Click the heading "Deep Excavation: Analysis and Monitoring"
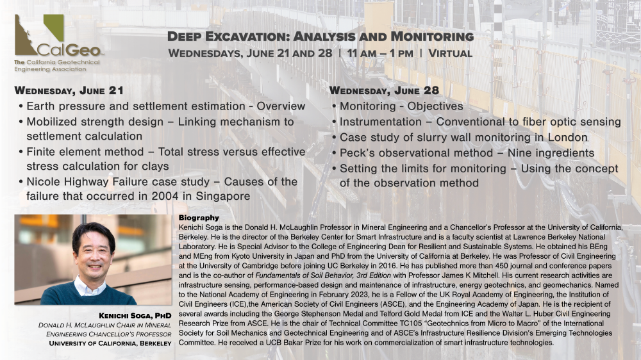[x=320, y=37]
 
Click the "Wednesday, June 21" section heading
[x=69, y=90]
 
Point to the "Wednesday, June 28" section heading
[x=384, y=90]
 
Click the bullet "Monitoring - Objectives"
[x=401, y=106]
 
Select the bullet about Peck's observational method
[x=467, y=153]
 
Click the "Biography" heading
[x=199, y=218]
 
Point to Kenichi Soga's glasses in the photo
[x=94, y=246]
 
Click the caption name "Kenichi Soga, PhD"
[x=135, y=316]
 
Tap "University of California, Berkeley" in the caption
[x=110, y=343]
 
